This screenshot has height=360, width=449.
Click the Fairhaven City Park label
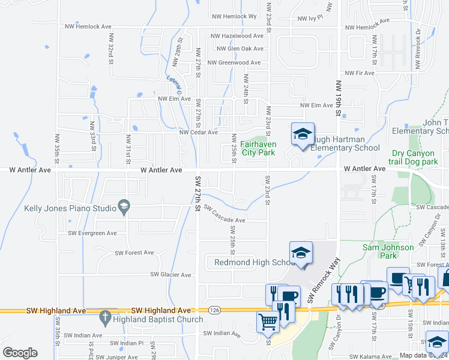pyautogui.click(x=258, y=148)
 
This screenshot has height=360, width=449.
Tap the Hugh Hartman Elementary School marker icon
pyautogui.click(x=303, y=134)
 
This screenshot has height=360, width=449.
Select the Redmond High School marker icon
pyautogui.click(x=301, y=253)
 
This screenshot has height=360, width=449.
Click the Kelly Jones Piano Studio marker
pyautogui.click(x=124, y=208)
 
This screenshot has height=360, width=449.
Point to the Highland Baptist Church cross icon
pyautogui.click(x=105, y=316)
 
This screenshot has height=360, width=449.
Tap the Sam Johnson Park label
pyautogui.click(x=388, y=251)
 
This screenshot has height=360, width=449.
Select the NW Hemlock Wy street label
pyautogui.click(x=234, y=16)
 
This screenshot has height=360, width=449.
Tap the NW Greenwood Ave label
pyautogui.click(x=234, y=62)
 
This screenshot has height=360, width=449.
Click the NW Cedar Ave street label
pyautogui.click(x=198, y=133)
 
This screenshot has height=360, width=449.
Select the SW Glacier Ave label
pyautogui.click(x=170, y=275)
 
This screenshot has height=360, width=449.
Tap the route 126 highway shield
pyautogui.click(x=214, y=310)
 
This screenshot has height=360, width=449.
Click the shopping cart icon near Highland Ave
pyautogui.click(x=268, y=322)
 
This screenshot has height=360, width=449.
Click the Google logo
pyautogui.click(x=20, y=353)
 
